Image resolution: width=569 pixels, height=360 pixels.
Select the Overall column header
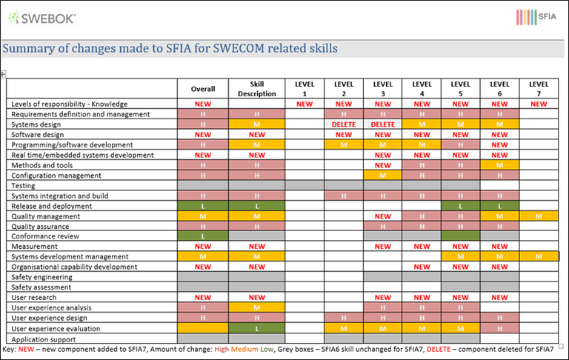point(202,88)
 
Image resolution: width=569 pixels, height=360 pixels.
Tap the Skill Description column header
point(256,88)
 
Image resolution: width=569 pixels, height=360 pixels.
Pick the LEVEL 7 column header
point(539,88)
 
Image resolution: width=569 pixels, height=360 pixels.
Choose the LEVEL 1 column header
point(305,88)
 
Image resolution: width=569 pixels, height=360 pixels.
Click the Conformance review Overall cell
point(202,236)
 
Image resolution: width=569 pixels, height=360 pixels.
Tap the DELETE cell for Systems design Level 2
point(344,124)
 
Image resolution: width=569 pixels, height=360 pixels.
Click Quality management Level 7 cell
point(539,216)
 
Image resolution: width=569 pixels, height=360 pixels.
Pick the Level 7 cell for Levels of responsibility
point(539,104)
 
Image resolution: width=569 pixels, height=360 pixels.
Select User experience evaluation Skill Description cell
point(256,329)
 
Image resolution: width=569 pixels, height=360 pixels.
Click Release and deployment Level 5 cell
point(460,206)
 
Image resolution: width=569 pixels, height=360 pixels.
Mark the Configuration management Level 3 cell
point(383,176)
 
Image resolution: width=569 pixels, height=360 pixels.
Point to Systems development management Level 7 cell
point(539,257)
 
